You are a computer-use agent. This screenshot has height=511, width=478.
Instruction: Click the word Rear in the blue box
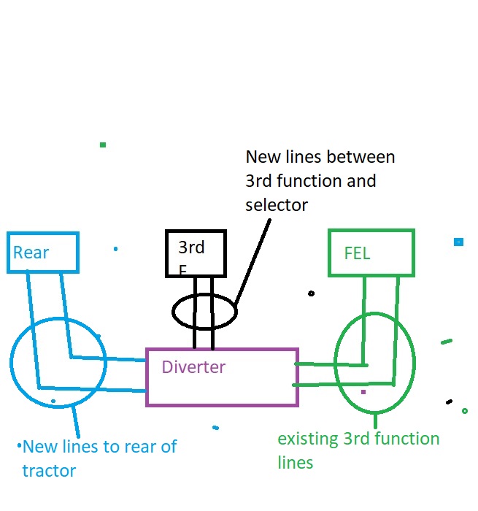31,253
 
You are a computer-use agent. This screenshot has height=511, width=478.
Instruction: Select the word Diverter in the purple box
193,366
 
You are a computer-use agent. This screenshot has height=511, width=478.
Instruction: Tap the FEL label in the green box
357,254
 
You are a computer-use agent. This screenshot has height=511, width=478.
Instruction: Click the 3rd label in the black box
191,247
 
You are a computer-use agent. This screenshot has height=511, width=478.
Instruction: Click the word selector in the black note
277,205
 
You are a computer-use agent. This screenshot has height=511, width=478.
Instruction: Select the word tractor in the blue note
49,471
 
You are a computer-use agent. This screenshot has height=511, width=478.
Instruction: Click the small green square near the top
103,145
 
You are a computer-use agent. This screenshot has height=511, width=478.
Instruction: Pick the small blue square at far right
458,242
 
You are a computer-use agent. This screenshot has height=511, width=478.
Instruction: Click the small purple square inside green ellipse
363,392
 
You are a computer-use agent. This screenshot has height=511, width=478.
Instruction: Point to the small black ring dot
312,293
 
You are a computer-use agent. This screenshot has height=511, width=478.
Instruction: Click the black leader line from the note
252,259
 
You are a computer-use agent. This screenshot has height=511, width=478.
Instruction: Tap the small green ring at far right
465,411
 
